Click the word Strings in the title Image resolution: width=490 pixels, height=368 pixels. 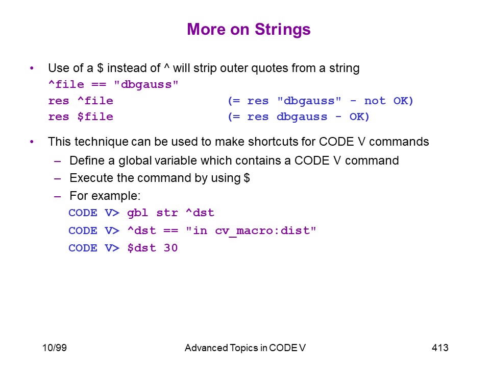282,30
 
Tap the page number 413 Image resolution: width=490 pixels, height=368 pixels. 440,348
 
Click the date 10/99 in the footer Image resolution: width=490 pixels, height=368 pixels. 55,348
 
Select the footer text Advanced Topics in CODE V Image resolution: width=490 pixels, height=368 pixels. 245,348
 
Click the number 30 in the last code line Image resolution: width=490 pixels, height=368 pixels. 170,248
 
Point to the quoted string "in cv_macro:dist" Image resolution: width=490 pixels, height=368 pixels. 251,231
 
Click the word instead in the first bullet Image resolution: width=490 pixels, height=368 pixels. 134,68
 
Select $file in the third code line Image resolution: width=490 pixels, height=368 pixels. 95,117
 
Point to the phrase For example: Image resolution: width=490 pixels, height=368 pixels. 105,196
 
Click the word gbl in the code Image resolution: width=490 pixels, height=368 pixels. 137,213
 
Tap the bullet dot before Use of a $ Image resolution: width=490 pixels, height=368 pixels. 32,68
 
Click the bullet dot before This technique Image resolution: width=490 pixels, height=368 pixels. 32,142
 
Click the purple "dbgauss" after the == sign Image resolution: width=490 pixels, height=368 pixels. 146,84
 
